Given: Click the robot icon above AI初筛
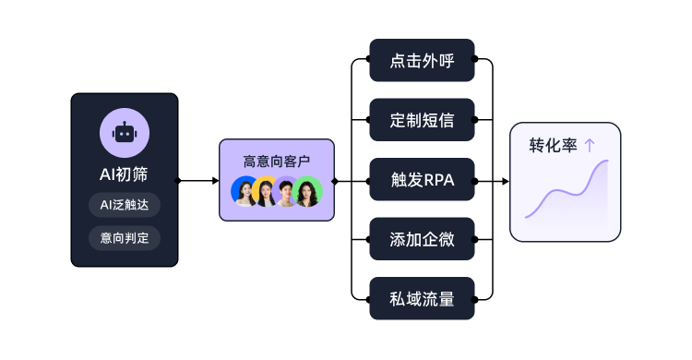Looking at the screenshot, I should pyautogui.click(x=125, y=133).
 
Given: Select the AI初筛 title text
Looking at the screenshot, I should pyautogui.click(x=125, y=173).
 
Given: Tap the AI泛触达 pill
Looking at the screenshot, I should pyautogui.click(x=125, y=205).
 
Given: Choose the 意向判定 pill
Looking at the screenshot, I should pyautogui.click(x=125, y=237).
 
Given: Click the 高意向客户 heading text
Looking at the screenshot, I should pyautogui.click(x=276, y=162).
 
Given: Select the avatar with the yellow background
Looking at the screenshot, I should pyautogui.click(x=266, y=191).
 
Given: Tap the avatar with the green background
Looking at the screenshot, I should pyautogui.click(x=306, y=191).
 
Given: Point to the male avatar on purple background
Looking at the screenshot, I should pyautogui.click(x=286, y=191).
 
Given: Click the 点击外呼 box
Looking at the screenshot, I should pyautogui.click(x=422, y=61).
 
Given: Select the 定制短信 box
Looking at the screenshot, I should pyautogui.click(x=422, y=120).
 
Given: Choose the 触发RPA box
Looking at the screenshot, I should pyautogui.click(x=422, y=180).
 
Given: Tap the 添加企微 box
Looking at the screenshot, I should pyautogui.click(x=422, y=239).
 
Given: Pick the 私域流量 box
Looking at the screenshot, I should pyautogui.click(x=422, y=298).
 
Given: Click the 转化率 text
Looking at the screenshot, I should pyautogui.click(x=552, y=146).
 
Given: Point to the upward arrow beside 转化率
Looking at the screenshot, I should pyautogui.click(x=590, y=146).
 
